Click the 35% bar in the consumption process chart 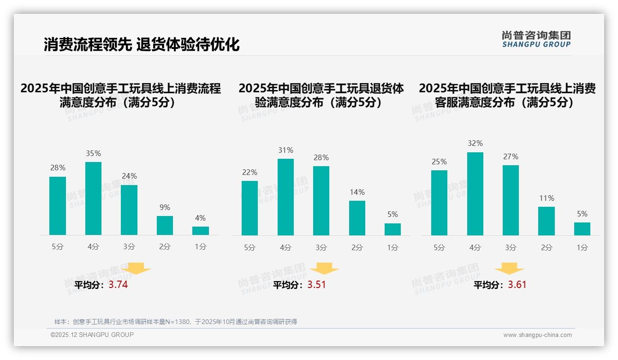(93, 198)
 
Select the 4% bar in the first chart (201, 231)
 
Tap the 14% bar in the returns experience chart (357, 218)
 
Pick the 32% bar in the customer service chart (475, 194)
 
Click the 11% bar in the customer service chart (547, 221)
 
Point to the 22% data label (250, 172)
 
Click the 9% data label (165, 207)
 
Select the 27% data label (511, 156)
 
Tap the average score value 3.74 (118, 285)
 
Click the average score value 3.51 (316, 285)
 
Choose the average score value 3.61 (517, 285)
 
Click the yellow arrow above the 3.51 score (325, 269)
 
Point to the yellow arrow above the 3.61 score (509, 269)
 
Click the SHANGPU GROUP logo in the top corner (536, 39)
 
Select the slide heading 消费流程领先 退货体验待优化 (142, 44)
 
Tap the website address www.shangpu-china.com (537, 335)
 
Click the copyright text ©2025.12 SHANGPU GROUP (92, 335)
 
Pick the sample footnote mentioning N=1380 (176, 322)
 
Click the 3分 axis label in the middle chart (321, 247)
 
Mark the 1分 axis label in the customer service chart (582, 247)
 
